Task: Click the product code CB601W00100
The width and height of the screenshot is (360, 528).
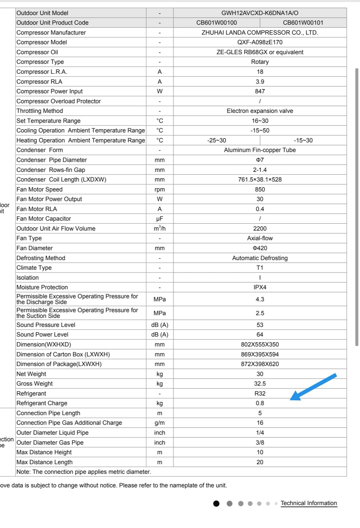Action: (217, 23)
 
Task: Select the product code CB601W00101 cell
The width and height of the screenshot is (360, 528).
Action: (303, 23)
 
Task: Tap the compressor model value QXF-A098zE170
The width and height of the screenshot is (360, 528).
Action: (260, 42)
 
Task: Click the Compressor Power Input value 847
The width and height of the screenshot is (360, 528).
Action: (260, 91)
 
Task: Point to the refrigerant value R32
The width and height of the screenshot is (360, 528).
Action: (260, 393)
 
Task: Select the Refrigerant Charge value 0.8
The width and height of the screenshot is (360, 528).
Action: (260, 403)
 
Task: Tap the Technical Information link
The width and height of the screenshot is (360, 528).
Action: (309, 503)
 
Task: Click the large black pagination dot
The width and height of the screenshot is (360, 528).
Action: (216, 504)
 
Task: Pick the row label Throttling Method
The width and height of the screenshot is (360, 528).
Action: (40, 111)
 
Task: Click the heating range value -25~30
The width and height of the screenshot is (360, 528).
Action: (217, 140)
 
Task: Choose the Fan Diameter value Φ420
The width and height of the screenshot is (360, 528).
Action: (260, 248)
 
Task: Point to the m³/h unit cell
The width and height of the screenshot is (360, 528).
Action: (160, 228)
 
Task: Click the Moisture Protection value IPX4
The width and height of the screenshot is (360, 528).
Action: (260, 287)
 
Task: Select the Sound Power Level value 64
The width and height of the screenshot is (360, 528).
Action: (260, 334)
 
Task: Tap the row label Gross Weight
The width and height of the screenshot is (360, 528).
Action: (35, 384)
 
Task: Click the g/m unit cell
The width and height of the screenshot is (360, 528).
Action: (160, 423)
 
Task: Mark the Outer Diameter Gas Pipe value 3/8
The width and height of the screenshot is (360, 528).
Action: (260, 443)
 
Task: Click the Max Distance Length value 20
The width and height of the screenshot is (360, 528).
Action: (260, 462)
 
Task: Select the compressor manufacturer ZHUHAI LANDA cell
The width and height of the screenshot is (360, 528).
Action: (260, 33)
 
